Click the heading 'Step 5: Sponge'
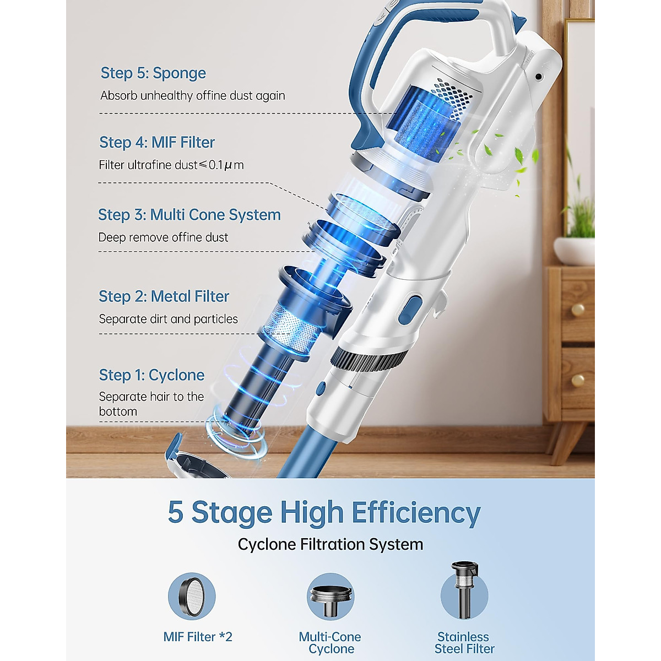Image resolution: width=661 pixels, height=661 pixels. point(153,73)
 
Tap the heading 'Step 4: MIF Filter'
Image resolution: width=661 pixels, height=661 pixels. point(157,143)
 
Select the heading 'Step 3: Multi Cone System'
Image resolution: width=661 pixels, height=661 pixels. point(189,215)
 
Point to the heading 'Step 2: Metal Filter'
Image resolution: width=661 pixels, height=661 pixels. point(164,296)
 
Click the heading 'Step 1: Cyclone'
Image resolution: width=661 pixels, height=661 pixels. point(151,375)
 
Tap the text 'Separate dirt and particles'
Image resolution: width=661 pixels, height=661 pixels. point(168,319)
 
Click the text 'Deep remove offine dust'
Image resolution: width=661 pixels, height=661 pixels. point(163,237)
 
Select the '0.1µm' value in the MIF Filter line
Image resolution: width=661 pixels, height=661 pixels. point(226,165)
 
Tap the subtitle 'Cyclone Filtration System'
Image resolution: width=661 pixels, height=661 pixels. point(330,544)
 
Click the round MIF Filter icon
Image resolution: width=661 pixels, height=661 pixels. point(192,597)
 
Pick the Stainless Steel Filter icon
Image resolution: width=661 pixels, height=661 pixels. point(464,592)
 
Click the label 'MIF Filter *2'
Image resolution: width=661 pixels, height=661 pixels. point(198,637)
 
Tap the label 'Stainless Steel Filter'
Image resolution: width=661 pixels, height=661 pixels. point(464,643)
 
